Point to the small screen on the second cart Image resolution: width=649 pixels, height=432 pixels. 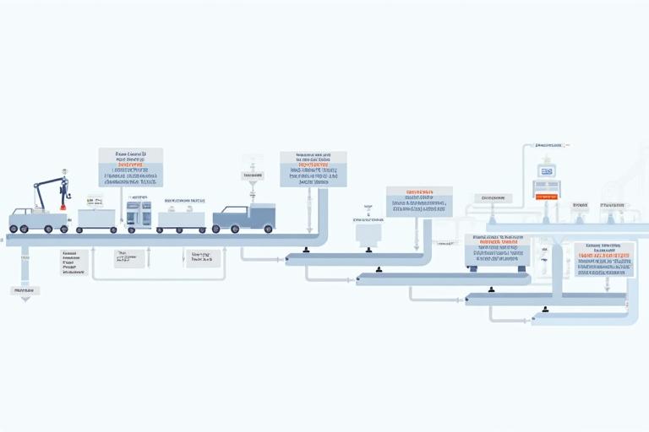pyautogui.click(x=93, y=202)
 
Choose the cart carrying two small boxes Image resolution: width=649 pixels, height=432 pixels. pyautogui.click(x=181, y=219)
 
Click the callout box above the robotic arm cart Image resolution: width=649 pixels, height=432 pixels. pyautogui.click(x=130, y=167)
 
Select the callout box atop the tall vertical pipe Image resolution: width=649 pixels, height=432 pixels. pyautogui.click(x=313, y=169)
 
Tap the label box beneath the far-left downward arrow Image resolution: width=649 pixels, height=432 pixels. pyautogui.click(x=25, y=290)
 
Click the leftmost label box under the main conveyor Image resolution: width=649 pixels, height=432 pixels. pyautogui.click(x=74, y=262)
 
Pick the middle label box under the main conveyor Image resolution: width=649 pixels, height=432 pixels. pyautogui.click(x=129, y=258)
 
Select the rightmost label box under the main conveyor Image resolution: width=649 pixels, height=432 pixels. pyautogui.click(x=202, y=258)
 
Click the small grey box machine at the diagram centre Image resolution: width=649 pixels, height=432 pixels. pyautogui.click(x=368, y=234)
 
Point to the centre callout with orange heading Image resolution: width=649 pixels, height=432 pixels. pyautogui.click(x=419, y=202)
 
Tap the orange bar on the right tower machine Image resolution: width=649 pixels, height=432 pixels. pyautogui.click(x=545, y=196)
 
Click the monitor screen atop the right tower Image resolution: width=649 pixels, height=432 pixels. pyautogui.click(x=546, y=172)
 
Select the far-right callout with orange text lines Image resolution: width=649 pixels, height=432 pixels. pyautogui.click(x=603, y=259)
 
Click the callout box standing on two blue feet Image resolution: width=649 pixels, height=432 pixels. pyautogui.click(x=497, y=251)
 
